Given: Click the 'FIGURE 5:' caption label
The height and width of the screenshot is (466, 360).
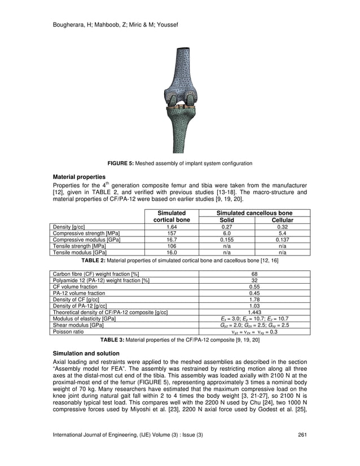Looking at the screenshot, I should pyautogui.click(x=121, y=163).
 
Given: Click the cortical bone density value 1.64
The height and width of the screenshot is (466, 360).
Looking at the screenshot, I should pyautogui.click(x=172, y=227).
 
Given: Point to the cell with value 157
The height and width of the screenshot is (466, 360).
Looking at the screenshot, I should pyautogui.click(x=172, y=233).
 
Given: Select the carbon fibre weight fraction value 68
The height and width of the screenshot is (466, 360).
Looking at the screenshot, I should pyautogui.click(x=254, y=274).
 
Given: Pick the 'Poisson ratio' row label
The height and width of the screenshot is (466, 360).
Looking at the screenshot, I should pyautogui.click(x=68, y=332).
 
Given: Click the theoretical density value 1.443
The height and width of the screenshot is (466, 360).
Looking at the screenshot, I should pyautogui.click(x=254, y=312).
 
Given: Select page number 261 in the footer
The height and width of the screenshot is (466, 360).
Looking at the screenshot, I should pyautogui.click(x=302, y=449).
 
